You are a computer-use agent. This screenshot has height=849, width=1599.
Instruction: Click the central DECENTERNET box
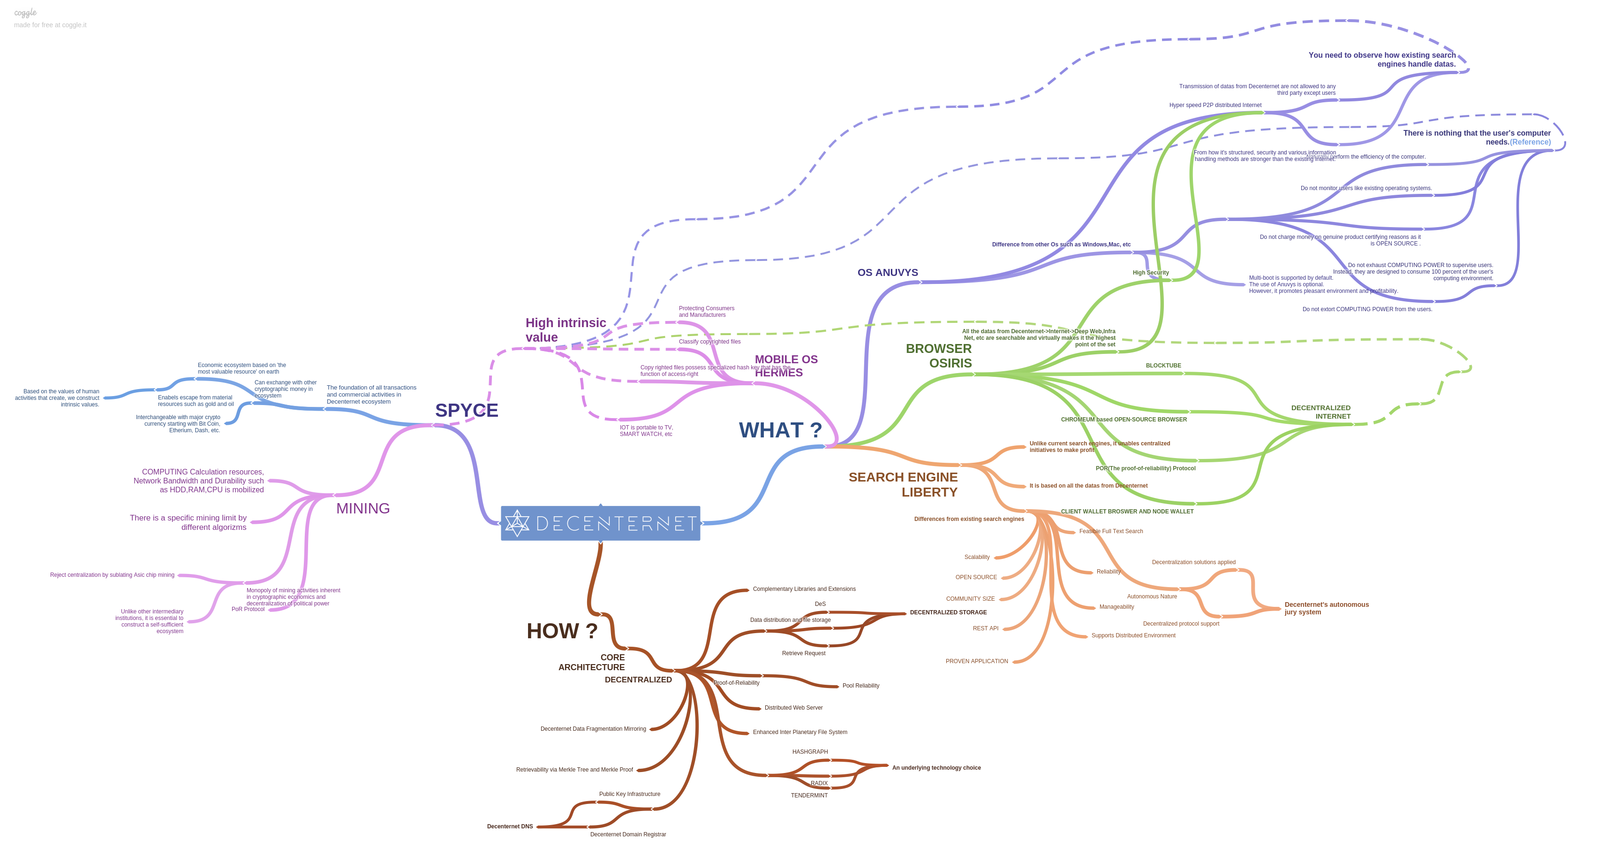[600, 523]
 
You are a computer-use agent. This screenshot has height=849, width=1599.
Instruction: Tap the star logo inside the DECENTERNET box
[517, 523]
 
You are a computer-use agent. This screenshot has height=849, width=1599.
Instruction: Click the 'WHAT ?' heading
[780, 430]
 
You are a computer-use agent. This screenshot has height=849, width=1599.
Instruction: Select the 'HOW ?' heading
[562, 631]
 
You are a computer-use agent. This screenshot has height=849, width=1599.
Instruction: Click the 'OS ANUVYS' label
[888, 273]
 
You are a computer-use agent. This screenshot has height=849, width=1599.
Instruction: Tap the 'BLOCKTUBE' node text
[1163, 366]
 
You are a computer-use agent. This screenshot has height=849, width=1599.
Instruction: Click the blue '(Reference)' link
[1530, 142]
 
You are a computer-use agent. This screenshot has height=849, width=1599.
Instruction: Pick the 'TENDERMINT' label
[809, 795]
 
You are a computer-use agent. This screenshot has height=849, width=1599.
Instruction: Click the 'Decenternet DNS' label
[510, 826]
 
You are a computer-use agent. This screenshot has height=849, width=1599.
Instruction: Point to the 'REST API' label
[985, 628]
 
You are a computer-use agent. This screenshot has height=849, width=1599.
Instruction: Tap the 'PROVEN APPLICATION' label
[976, 661]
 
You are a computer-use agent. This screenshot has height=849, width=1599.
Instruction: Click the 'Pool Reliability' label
[860, 686]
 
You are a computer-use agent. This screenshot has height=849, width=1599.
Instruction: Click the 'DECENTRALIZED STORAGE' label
[948, 612]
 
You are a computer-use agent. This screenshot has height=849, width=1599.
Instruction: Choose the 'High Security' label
[1150, 273]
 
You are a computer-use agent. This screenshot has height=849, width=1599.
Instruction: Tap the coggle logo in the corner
[25, 12]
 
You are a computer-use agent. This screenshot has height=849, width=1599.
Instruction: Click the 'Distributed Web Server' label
[793, 708]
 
